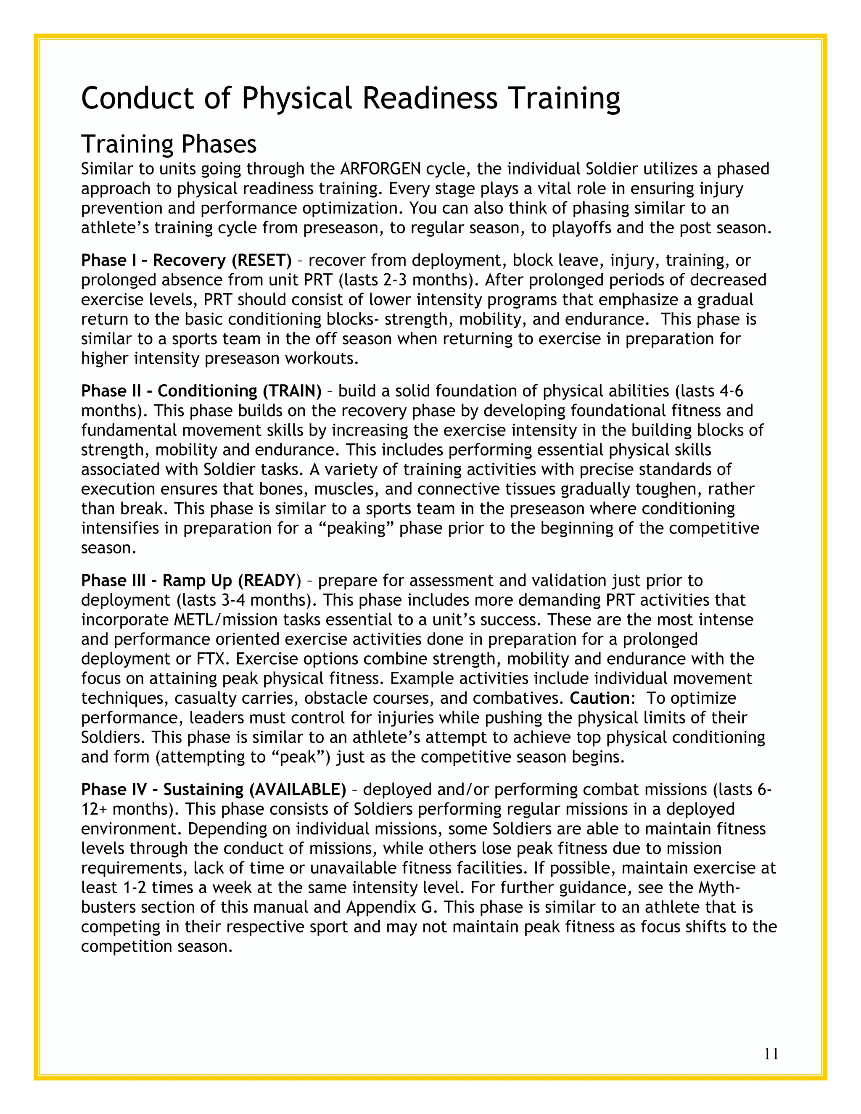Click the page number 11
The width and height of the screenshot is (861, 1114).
tap(771, 1054)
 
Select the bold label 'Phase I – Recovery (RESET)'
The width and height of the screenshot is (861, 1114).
tap(186, 261)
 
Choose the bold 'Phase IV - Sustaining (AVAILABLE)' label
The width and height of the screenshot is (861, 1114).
tap(213, 789)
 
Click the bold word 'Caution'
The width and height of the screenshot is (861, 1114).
tap(600, 698)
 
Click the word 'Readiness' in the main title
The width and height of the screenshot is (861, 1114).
tap(430, 98)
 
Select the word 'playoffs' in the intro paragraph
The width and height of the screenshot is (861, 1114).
tap(581, 227)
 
